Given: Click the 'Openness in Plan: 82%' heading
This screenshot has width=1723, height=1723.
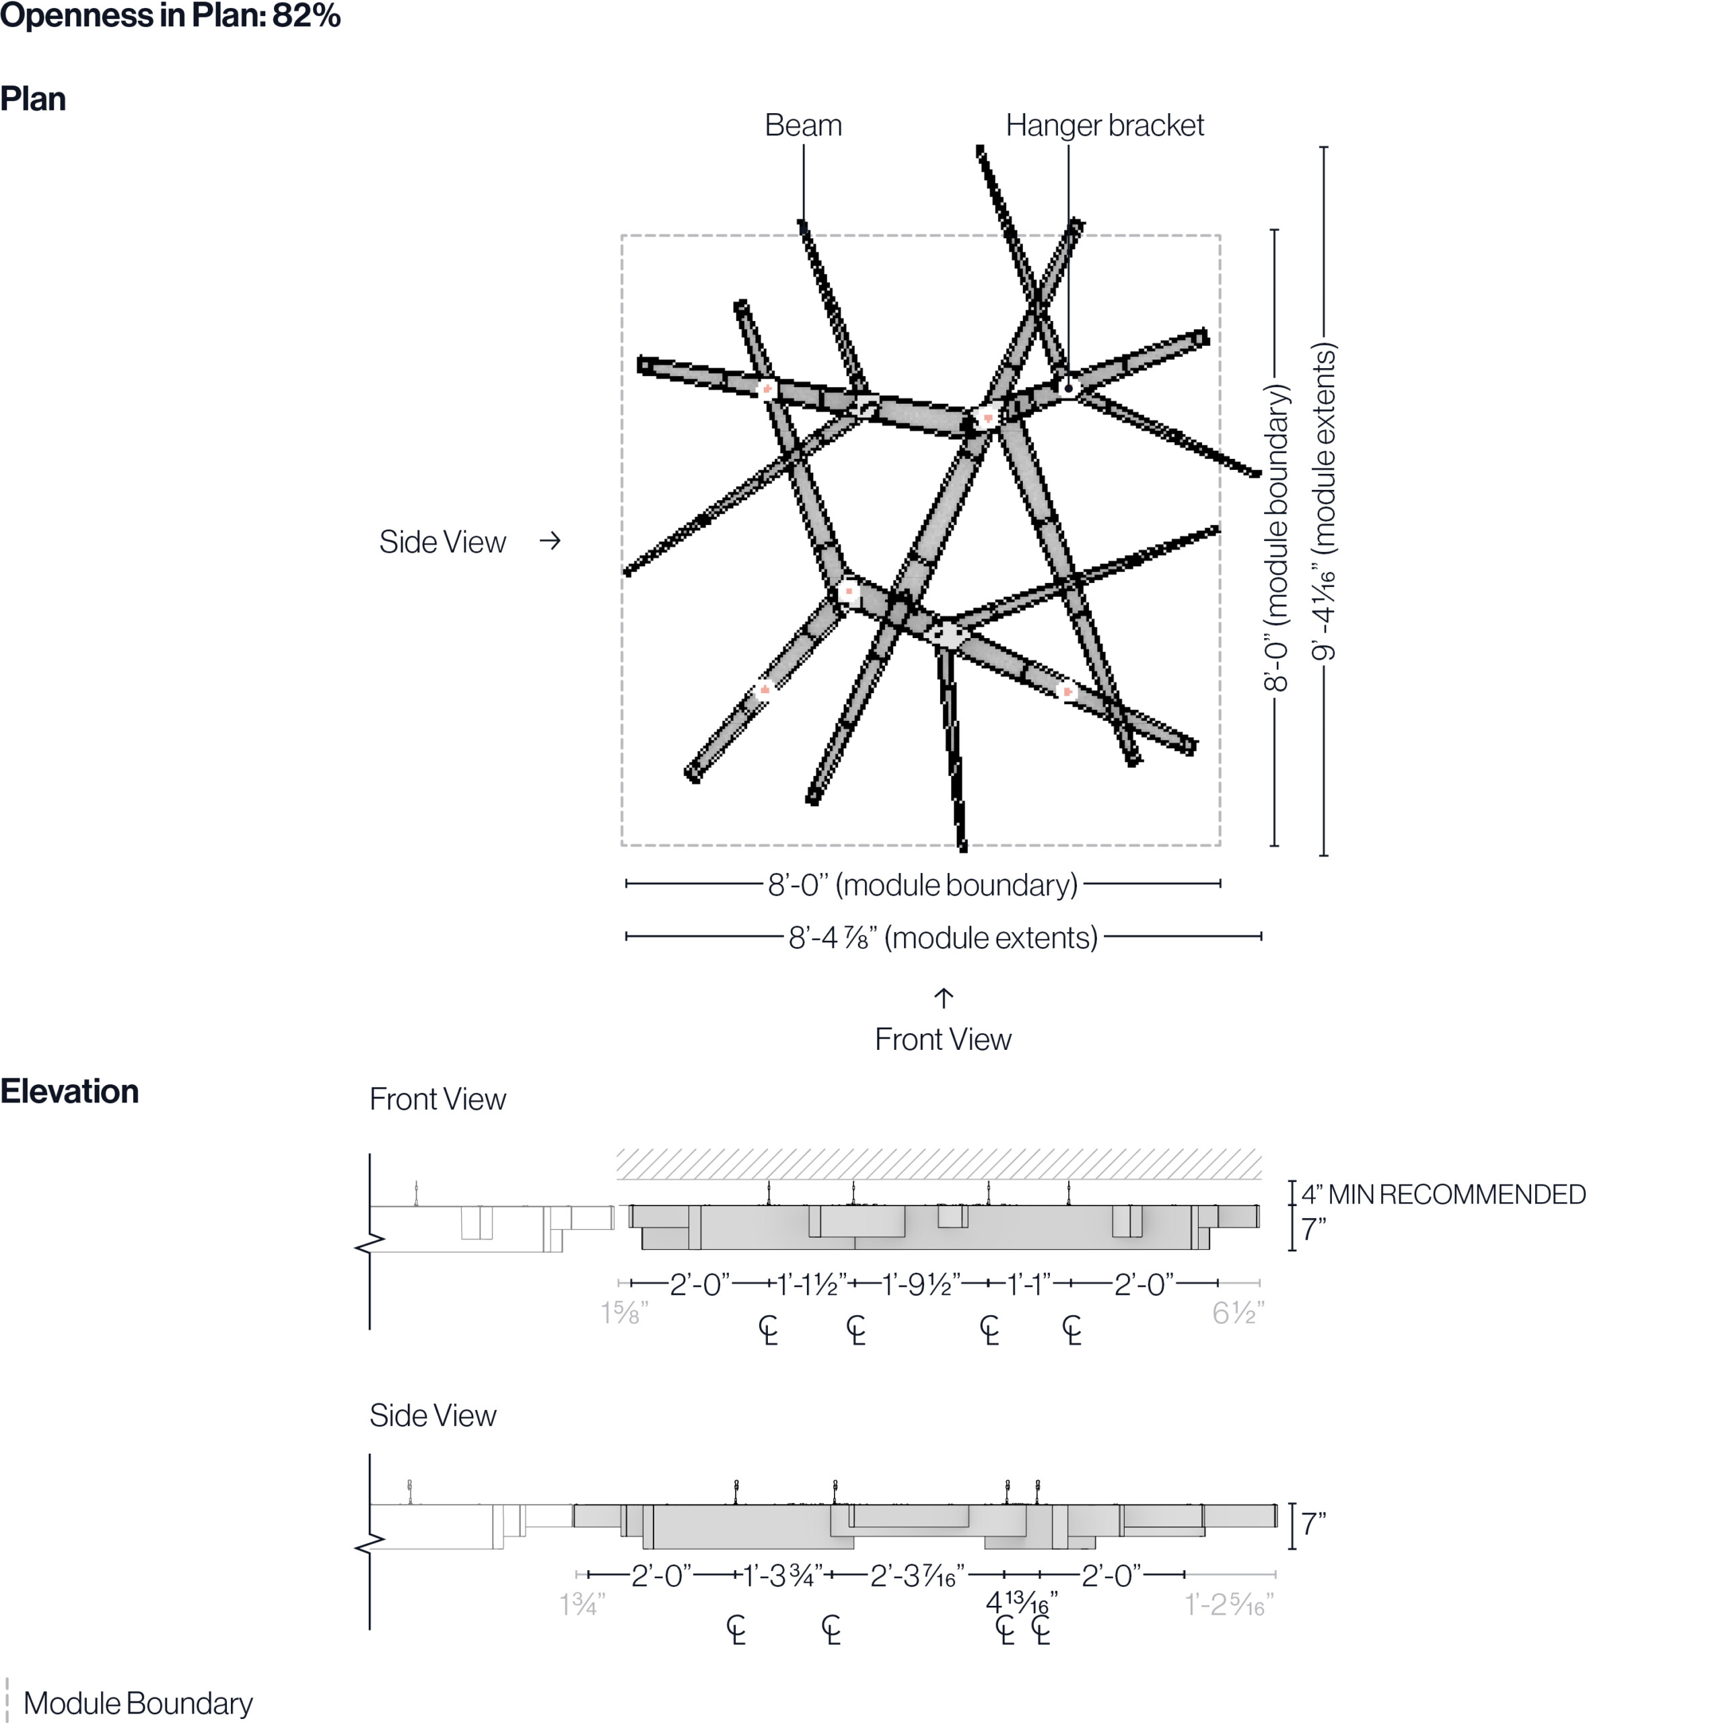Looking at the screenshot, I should point(170,16).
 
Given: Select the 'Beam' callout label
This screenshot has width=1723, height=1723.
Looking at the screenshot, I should point(803,126).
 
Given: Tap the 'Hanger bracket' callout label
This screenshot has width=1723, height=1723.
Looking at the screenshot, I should point(1104,126).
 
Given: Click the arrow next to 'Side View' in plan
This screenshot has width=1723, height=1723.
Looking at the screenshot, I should point(551,540).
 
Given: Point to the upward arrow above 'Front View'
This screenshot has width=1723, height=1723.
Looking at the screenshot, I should point(944,997).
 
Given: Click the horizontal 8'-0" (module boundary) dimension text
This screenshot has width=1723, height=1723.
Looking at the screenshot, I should point(923,884).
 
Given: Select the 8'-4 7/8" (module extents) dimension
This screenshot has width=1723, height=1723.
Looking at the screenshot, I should point(943,938).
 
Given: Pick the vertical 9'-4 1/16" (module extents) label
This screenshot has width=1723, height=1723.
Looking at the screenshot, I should point(1323,501).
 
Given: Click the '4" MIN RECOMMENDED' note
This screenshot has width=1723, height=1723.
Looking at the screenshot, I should point(1443,1194).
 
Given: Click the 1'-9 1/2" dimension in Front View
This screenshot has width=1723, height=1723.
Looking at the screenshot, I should point(920,1284).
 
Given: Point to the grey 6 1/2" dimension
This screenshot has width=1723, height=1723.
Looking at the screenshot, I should point(1238,1312).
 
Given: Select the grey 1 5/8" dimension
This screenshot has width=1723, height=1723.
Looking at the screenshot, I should point(625,1312).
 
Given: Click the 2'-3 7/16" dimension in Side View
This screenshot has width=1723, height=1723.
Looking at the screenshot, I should point(916,1576).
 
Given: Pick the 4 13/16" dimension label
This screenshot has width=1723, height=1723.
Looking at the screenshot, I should point(1021,1603).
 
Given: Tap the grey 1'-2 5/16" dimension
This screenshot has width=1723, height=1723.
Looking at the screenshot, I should point(1229,1605).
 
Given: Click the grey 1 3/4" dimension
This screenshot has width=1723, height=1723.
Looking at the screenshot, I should point(582,1605).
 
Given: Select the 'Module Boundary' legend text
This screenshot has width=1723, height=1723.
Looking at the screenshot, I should point(138,1703).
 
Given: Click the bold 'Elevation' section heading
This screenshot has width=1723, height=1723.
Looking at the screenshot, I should point(69,1092).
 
